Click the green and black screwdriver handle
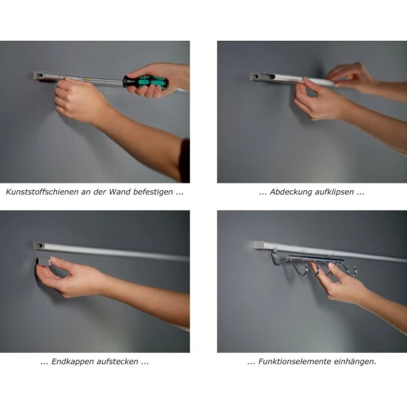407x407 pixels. tap(145, 81)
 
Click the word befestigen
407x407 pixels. tap(153, 192)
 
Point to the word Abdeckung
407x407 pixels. tap(291, 192)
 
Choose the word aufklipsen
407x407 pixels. tap(334, 192)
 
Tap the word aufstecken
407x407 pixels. tap(118, 362)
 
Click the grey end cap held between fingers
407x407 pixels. tap(44, 262)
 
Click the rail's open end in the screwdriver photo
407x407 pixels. tap(38, 76)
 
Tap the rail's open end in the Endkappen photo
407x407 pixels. tap(39, 246)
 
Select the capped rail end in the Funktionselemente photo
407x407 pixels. tap(259, 245)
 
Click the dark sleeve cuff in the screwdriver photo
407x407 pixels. tap(185, 161)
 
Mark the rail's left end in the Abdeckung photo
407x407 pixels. tap(255, 76)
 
